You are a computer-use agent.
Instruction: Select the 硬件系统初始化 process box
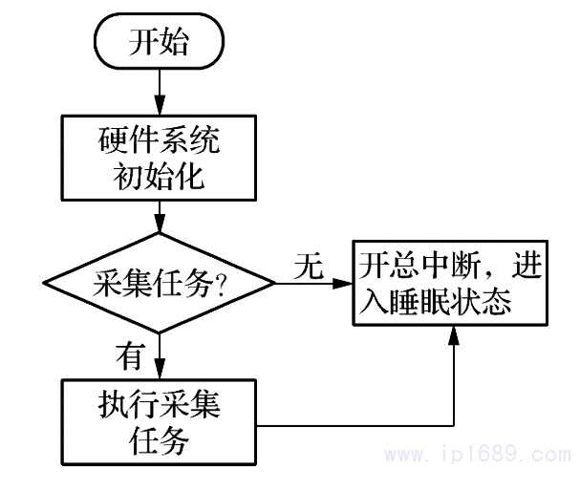tap(160, 158)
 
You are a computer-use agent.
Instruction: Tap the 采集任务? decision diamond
tap(160, 285)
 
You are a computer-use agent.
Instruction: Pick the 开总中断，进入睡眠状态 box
tap(449, 284)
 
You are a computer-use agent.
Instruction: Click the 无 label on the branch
tap(309, 267)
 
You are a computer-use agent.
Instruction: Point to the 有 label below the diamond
tap(128, 355)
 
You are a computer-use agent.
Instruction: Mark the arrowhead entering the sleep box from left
tap(345, 284)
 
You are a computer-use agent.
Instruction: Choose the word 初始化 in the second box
tap(160, 176)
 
